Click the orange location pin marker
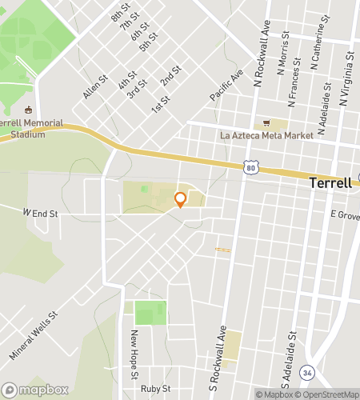[180, 199]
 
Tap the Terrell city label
[330, 183]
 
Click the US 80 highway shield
[251, 167]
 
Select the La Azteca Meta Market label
[267, 136]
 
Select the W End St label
[41, 214]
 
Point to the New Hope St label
[136, 354]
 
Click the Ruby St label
[156, 389]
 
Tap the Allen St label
[94, 88]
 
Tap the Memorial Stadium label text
[22, 129]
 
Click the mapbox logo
[34, 390]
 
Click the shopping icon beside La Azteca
[266, 123]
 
